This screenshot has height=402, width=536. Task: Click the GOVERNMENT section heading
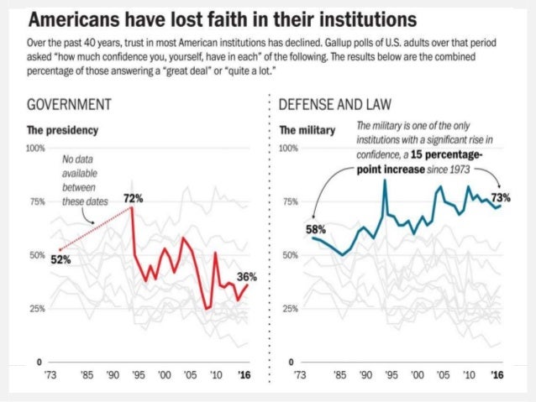click(71, 106)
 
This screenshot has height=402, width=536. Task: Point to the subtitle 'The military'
click(307, 131)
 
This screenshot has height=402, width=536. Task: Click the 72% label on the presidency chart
click(134, 199)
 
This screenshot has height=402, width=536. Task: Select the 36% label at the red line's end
click(246, 276)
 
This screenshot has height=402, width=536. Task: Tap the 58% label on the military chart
click(315, 228)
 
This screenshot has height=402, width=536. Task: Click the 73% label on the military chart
click(501, 198)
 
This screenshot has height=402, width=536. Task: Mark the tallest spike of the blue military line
click(384, 180)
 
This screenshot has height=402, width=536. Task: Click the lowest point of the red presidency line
click(207, 309)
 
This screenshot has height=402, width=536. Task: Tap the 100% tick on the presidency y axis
click(35, 148)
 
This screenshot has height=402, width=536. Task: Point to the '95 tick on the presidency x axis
click(139, 374)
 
